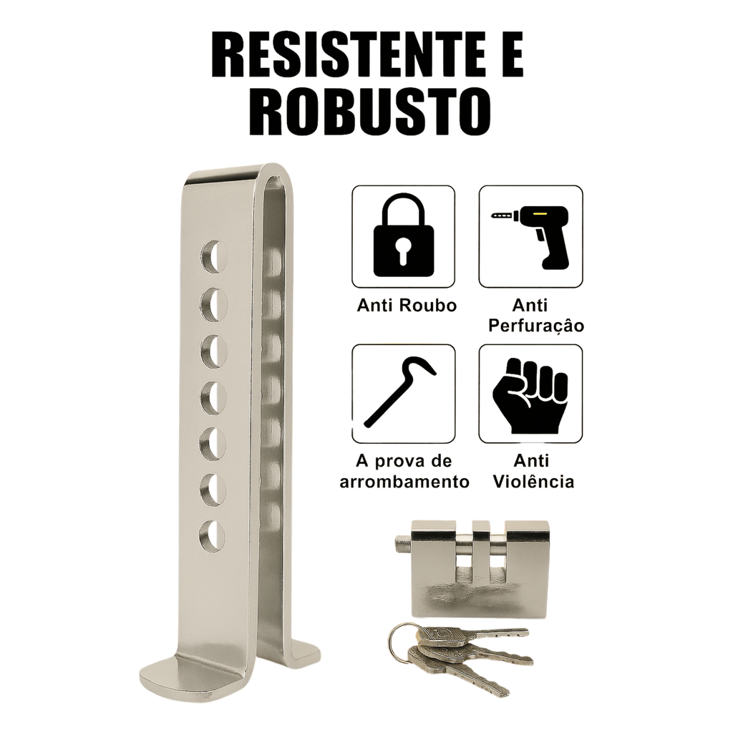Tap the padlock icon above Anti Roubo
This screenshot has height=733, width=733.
pos(403,236)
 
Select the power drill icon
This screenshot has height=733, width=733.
pos(530,237)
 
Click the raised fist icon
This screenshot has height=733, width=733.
pos(530,395)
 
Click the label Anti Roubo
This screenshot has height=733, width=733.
pos(407,306)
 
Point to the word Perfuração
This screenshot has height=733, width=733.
pos(536,326)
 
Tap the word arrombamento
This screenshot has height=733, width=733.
pos(404,482)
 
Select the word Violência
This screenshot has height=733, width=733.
pos(533,481)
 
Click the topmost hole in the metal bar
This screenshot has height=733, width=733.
pos(213,257)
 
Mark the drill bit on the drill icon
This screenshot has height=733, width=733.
pos(503,215)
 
